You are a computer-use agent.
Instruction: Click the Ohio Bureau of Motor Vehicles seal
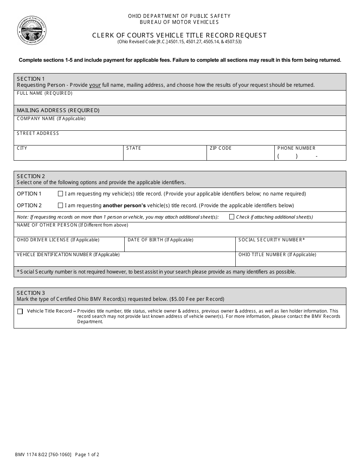coord(32,30)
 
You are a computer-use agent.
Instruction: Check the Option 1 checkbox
coord(60,194)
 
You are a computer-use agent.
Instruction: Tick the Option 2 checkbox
coord(60,205)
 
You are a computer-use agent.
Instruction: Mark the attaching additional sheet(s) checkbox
coord(232,217)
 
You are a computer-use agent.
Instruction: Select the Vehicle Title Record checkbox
coord(20,311)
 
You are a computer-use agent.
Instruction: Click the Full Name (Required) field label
coord(45,93)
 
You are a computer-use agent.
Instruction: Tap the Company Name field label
coord(51,119)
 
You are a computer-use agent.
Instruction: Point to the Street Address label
coord(38,133)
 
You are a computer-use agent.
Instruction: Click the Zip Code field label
coord(221,148)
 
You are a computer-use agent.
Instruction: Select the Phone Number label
coord(296,148)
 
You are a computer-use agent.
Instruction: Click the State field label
coord(134,148)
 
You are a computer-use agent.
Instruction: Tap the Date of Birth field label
coord(160,240)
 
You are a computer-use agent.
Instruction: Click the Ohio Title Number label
coord(277,255)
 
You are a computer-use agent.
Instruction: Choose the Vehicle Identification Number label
coord(68,255)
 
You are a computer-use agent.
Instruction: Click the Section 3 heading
coord(31,293)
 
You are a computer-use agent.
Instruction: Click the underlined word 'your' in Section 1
coord(95,85)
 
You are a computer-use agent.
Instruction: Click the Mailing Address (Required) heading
coord(58,110)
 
